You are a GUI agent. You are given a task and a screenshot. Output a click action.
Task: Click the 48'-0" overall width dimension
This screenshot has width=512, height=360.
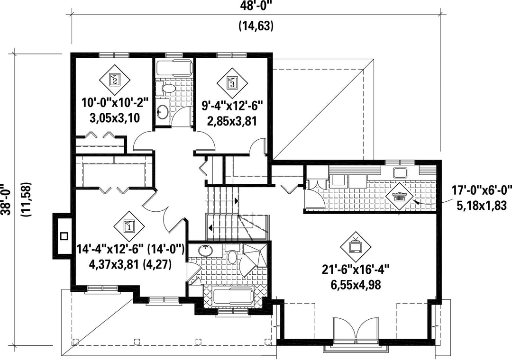coord(256,6)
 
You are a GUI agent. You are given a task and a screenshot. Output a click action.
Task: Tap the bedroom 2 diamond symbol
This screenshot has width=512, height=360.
coord(115,79)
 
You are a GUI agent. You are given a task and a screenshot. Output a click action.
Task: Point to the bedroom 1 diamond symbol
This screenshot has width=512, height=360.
coord(129,225)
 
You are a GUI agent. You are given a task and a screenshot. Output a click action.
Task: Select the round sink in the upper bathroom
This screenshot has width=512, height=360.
coord(162,112)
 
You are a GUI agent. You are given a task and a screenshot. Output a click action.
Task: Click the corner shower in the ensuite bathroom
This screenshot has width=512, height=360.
coord(256,257)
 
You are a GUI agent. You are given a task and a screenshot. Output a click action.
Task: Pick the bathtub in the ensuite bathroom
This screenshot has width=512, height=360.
coord(233,297)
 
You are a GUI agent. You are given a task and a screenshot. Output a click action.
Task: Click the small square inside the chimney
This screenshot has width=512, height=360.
coord(64,235)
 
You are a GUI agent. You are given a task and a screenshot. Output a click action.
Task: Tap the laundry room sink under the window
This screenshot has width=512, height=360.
coord(399,172)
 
